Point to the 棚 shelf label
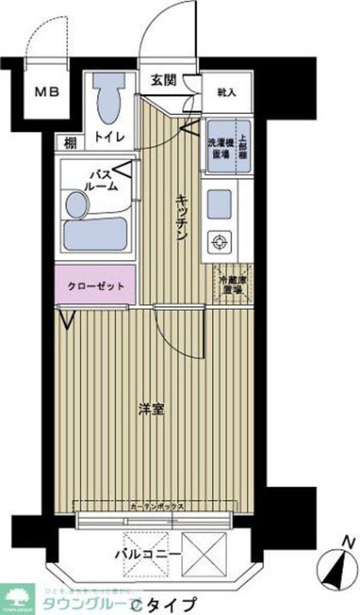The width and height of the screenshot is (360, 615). pos(70,143)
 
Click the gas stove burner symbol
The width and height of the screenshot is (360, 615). pos(218,242)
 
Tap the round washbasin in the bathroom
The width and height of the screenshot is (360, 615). pos(76,204)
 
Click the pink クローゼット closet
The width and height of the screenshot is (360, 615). pos(96,286)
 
